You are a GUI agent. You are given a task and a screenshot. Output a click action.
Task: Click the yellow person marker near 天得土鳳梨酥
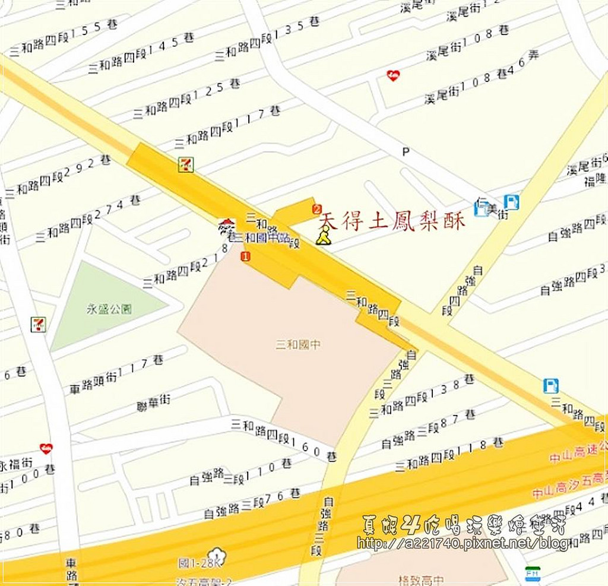click(322, 236)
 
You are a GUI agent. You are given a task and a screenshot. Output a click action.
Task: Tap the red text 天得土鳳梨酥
click(392, 221)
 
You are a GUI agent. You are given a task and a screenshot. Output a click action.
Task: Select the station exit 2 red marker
click(316, 208)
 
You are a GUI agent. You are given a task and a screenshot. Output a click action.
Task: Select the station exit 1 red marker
click(245, 256)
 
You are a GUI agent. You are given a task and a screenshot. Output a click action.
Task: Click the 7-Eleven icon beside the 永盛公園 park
click(38, 324)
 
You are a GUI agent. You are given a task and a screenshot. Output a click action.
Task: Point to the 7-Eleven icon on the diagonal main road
click(186, 164)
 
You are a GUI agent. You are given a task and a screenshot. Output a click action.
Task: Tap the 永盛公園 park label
click(109, 309)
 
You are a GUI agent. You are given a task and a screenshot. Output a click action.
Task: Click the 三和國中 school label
click(298, 344)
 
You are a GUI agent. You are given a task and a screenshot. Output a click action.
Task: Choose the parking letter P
click(406, 152)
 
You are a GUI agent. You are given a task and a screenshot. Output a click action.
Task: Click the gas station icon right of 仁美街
click(511, 202)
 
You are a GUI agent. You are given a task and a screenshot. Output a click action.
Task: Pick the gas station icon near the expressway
click(550, 386)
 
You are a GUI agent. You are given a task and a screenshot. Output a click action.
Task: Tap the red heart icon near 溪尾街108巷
click(392, 75)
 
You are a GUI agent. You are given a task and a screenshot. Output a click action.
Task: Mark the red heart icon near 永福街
click(46, 448)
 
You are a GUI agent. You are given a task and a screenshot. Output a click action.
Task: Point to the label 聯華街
click(153, 403)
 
